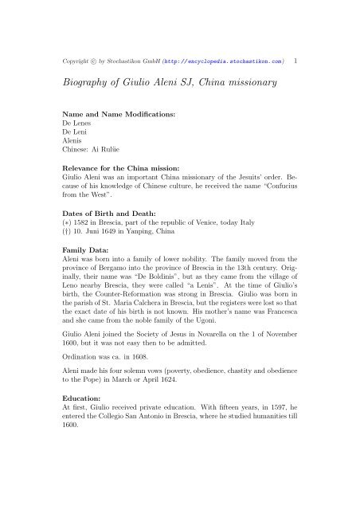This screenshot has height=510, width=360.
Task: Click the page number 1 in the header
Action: pyautogui.click(x=296, y=59)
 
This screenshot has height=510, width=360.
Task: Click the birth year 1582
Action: pyautogui.click(x=78, y=248)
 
